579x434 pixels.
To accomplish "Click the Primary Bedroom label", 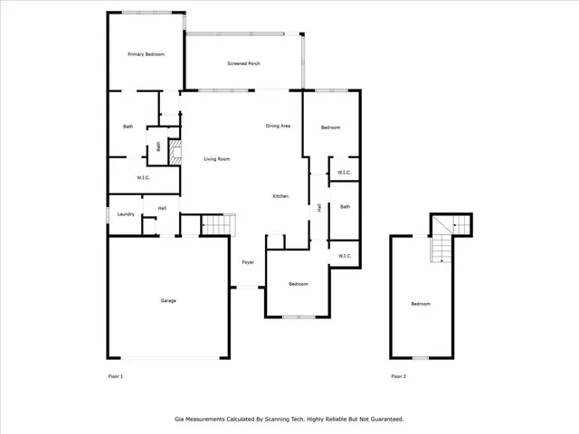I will pyautogui.click(x=146, y=55).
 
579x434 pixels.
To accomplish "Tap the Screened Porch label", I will pyautogui.click(x=243, y=63).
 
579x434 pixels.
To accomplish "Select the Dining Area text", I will pyautogui.click(x=278, y=126).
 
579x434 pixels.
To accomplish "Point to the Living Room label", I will pyautogui.click(x=217, y=159).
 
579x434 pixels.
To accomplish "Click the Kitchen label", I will pyautogui.click(x=281, y=196).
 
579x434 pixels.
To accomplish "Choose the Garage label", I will pyautogui.click(x=168, y=300).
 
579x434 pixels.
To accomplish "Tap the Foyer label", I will pyautogui.click(x=247, y=262).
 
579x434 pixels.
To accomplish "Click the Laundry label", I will pyautogui.click(x=126, y=214).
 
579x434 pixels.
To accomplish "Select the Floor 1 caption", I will pyautogui.click(x=115, y=376).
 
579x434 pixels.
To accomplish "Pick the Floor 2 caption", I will pyautogui.click(x=399, y=376).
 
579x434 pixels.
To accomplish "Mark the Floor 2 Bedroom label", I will pyautogui.click(x=421, y=304).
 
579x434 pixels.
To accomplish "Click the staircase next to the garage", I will pyautogui.click(x=216, y=224).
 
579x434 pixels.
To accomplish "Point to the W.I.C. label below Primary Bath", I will pyautogui.click(x=143, y=178).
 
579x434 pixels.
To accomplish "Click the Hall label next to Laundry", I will pyautogui.click(x=162, y=209).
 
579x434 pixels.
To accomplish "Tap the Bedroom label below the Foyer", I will pyautogui.click(x=299, y=284).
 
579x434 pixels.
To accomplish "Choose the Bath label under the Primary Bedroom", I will pyautogui.click(x=128, y=127).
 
